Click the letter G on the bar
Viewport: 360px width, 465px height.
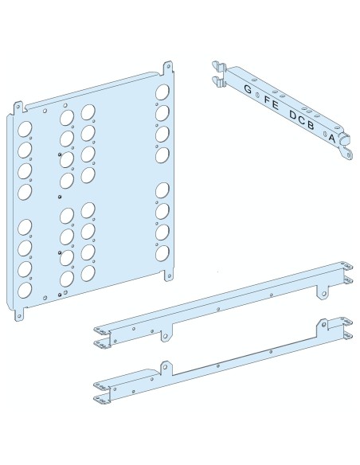point(248,89)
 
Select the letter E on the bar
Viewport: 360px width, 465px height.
point(275,105)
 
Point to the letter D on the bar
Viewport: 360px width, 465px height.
point(293,115)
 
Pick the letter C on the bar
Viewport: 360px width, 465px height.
point(302,120)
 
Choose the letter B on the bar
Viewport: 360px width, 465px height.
point(310,125)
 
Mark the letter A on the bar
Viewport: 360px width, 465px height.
point(332,138)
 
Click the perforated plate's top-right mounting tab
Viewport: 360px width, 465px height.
point(168,68)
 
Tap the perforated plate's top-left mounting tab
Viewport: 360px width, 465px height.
point(18,107)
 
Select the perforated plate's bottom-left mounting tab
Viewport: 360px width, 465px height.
point(20,315)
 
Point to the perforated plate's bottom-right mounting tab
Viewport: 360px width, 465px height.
point(169,275)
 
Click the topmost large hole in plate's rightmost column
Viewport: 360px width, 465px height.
point(162,92)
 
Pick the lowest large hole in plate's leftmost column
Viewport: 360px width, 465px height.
point(25,290)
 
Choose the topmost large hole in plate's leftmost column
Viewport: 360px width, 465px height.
point(25,129)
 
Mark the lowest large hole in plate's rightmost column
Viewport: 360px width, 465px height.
point(162,253)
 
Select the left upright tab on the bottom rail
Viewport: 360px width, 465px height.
point(166,368)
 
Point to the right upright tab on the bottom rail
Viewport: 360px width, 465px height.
point(323,326)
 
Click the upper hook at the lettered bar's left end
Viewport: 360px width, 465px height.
point(219,65)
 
